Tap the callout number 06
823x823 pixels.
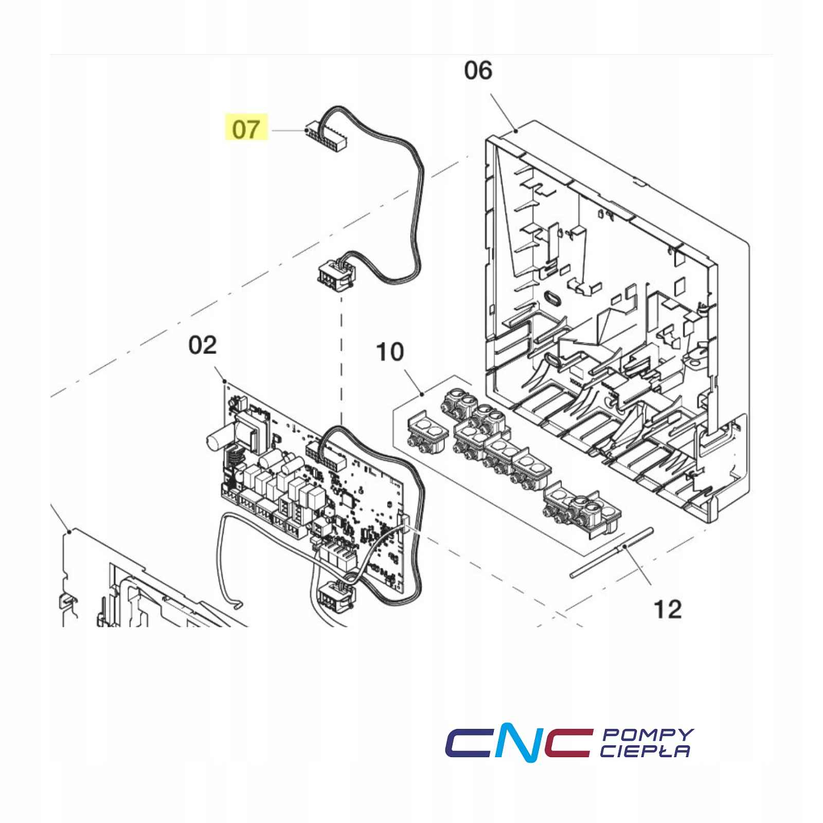click(x=478, y=70)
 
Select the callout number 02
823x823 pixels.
click(x=203, y=345)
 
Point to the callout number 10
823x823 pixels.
click(x=390, y=352)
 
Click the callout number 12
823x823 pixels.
click(x=667, y=610)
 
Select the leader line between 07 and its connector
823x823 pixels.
click(x=288, y=131)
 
